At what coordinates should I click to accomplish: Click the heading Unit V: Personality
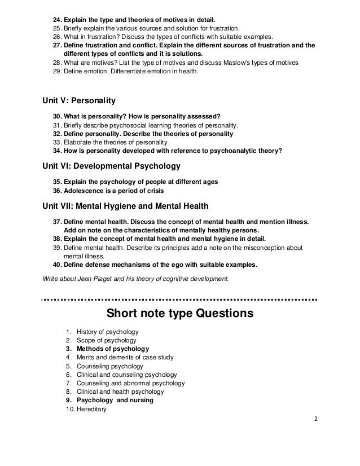click(79, 102)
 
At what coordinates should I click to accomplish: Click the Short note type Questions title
click(180, 313)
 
